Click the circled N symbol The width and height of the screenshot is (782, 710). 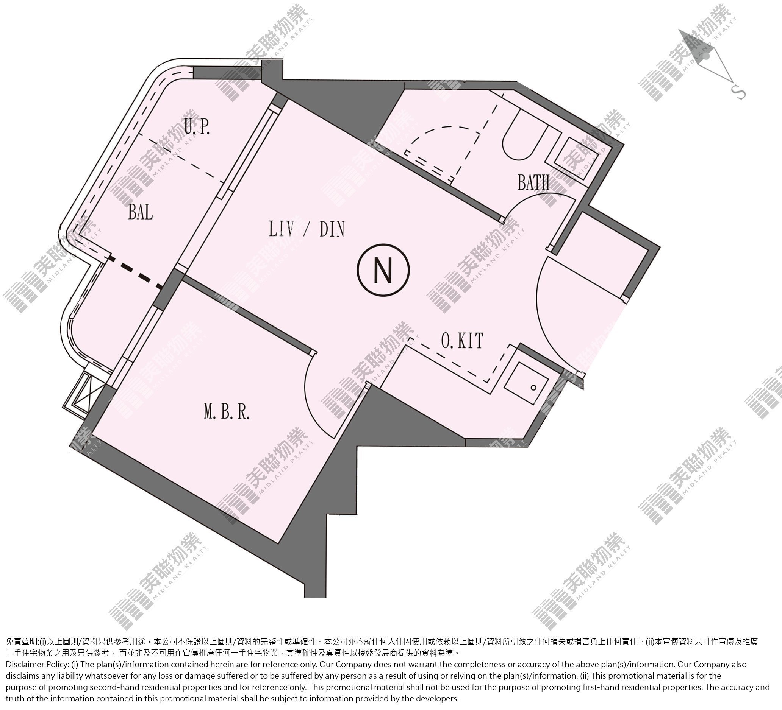[x=383, y=270]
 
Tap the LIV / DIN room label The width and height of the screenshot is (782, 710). [x=307, y=229]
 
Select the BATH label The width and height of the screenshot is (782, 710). [x=533, y=182]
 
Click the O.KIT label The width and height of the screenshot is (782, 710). [x=462, y=341]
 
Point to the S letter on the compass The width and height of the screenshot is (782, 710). [x=738, y=92]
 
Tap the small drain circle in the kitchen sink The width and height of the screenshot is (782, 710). [x=534, y=388]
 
